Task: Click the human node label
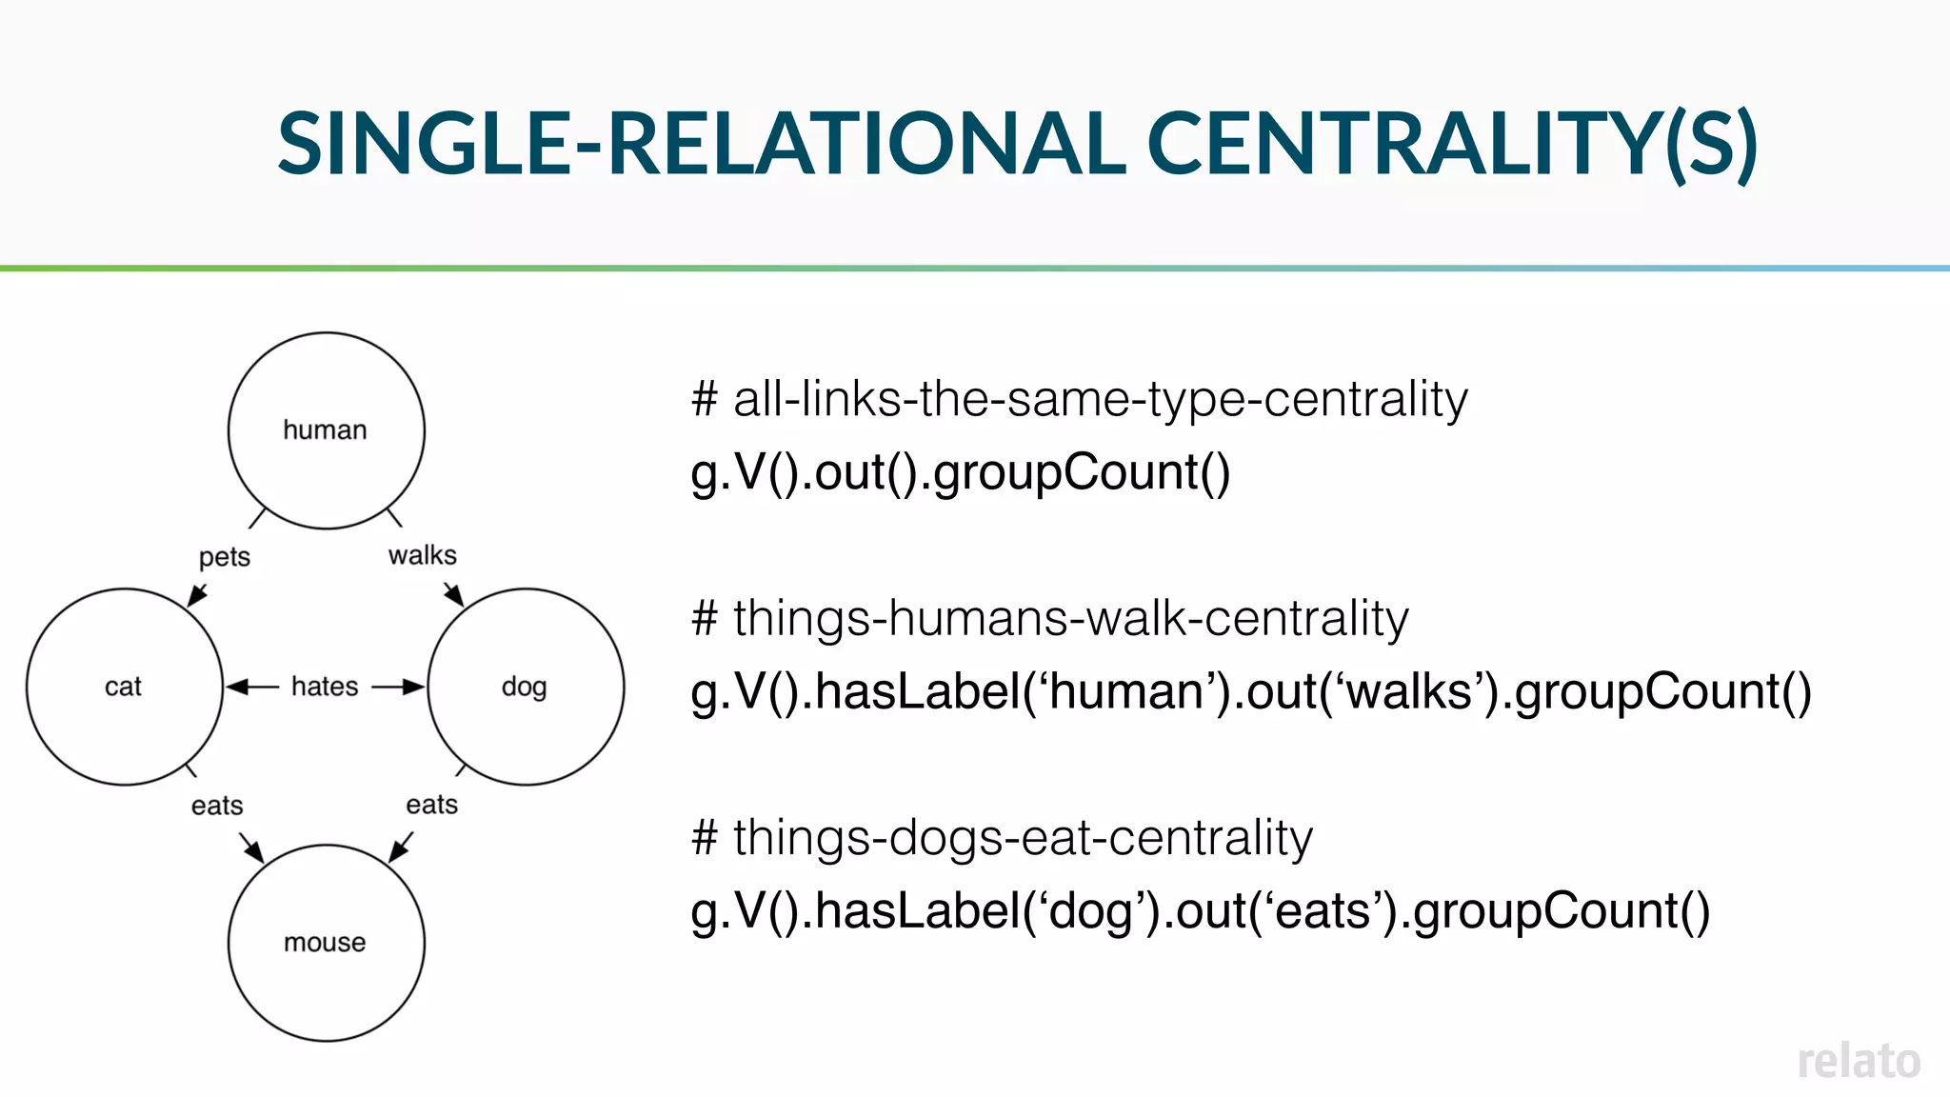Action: coord(325,430)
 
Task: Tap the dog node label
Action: coord(524,687)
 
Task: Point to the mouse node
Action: coord(326,943)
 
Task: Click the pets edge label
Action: coord(225,557)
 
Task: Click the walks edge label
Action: coord(422,555)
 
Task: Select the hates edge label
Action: coord(325,687)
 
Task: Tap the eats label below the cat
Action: coord(217,806)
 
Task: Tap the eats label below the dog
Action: coord(431,805)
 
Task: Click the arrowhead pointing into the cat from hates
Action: coord(237,687)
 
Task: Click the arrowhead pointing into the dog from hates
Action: coord(413,687)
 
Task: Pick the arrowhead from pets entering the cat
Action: coord(197,596)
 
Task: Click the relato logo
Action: coord(1858,1061)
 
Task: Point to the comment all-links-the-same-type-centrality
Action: coord(1080,399)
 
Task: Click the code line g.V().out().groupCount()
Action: coord(960,472)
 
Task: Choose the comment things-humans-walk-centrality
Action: coord(1049,619)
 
